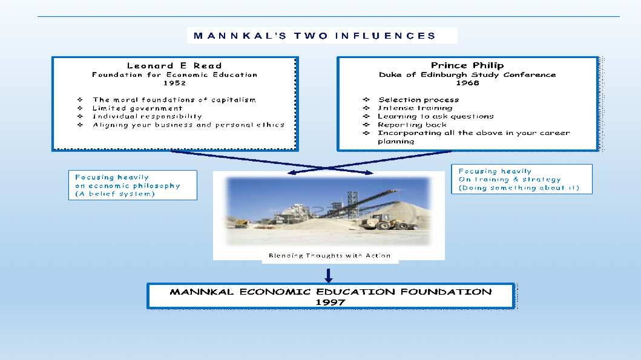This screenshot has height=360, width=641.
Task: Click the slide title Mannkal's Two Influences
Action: point(315,36)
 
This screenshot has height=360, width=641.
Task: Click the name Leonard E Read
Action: point(174,66)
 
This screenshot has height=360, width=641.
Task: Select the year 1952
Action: point(174,83)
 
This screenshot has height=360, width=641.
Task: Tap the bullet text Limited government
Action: point(137,108)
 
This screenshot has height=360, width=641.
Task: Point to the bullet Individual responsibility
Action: point(147,116)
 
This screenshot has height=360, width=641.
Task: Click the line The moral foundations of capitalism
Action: point(174,100)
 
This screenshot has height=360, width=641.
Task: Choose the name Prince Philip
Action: point(467,65)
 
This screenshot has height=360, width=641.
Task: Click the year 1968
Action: point(467,83)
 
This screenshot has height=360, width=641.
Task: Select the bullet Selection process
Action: point(418,100)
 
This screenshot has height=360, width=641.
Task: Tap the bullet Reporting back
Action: point(412,125)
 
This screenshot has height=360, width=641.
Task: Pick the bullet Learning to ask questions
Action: point(436,116)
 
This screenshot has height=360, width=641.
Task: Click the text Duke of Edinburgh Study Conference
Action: point(467,75)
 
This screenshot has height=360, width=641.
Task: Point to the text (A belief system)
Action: point(115,194)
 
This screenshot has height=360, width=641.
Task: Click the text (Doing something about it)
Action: point(519,188)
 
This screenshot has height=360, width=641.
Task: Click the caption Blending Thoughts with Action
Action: point(329,256)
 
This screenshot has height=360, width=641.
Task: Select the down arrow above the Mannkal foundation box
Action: point(328,275)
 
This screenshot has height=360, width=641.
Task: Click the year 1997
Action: point(330,303)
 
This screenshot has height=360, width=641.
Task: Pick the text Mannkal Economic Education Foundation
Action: point(330,292)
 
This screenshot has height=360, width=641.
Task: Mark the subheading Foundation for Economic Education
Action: point(174,75)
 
